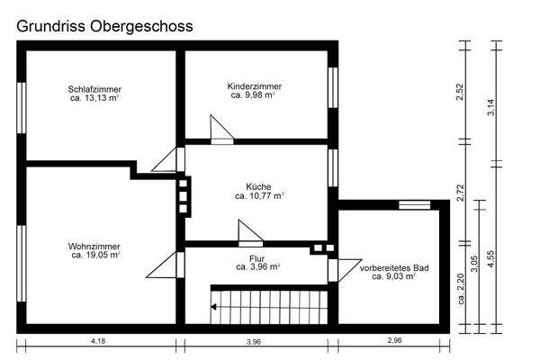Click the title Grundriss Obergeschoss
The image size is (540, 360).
tap(103, 26)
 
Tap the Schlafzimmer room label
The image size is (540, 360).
tap(94, 89)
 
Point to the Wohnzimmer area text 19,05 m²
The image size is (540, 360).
tap(94, 255)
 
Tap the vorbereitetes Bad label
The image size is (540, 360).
tap(394, 268)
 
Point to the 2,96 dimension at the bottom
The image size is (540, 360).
tap(395, 340)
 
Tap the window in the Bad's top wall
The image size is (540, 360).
tap(415, 205)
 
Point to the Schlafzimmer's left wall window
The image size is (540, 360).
tap(22, 108)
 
